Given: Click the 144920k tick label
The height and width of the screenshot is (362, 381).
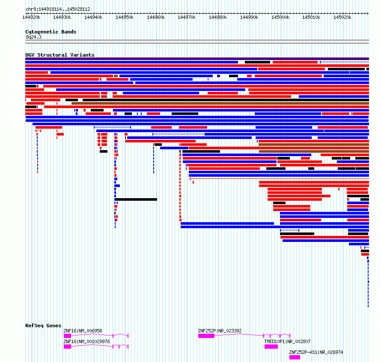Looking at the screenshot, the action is coord(31,17).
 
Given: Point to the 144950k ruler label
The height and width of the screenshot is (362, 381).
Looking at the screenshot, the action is coord(125,17).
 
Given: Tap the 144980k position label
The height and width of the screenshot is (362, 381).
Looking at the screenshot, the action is coord(218,17).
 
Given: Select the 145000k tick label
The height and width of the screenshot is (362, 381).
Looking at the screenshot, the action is coord(280,17).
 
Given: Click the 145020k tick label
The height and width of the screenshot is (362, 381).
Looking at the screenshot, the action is coord(342,17).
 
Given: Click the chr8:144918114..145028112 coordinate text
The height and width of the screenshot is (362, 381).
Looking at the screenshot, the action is coord(58,9).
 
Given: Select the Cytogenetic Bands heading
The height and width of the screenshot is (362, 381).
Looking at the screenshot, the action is coord(51,32).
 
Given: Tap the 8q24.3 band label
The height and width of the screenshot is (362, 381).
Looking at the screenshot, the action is coord(33,37).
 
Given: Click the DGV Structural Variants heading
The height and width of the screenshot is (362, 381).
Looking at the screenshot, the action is coord(60,55).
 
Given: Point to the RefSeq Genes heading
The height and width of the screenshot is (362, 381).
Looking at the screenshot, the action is coord(43,326).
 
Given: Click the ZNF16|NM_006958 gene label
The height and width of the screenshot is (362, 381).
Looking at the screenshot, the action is coord(83,331).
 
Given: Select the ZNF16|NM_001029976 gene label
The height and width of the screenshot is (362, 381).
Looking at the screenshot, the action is coord(87,341).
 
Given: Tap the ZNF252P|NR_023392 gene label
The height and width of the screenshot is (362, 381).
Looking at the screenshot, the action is coord(220,331).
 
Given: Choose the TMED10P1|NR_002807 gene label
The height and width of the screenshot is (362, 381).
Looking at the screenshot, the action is coord(287,341).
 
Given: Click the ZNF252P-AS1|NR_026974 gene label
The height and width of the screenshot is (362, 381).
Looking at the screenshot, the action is coord(316,352).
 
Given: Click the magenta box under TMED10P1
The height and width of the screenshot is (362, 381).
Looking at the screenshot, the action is coord(271,347).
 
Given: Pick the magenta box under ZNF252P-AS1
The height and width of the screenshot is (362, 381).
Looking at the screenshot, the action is coord(295,357).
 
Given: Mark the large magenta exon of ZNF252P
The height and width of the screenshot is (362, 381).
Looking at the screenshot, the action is coord(206,336).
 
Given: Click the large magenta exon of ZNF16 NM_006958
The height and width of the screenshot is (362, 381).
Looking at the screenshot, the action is coord(67,336).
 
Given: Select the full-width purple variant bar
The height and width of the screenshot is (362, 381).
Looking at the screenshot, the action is coord(197,59).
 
